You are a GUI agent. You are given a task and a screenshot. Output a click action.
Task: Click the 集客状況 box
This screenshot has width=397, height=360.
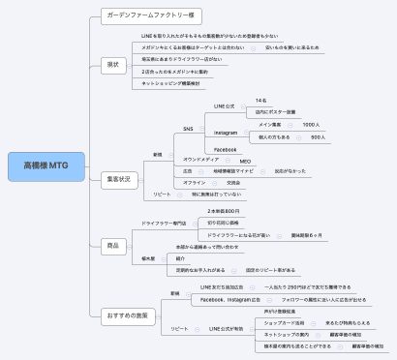pyautogui.click(x=118, y=179)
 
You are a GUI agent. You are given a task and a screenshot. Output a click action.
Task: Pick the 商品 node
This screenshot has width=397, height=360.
pyautogui.click(x=113, y=246)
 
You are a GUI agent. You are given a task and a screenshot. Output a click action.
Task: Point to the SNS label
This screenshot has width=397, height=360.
pyautogui.click(x=189, y=128)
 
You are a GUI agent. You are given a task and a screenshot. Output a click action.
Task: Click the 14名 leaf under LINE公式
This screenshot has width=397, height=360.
pyautogui.click(x=261, y=100)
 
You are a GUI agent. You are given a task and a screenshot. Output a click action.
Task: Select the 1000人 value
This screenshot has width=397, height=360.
pyautogui.click(x=311, y=125)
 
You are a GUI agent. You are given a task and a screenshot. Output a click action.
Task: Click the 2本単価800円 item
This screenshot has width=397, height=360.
pyautogui.click(x=224, y=210)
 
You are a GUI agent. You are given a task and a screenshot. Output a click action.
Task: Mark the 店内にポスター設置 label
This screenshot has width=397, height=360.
pyautogui.click(x=274, y=111)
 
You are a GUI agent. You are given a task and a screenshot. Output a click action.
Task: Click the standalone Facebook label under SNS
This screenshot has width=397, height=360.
pyautogui.click(x=225, y=149)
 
